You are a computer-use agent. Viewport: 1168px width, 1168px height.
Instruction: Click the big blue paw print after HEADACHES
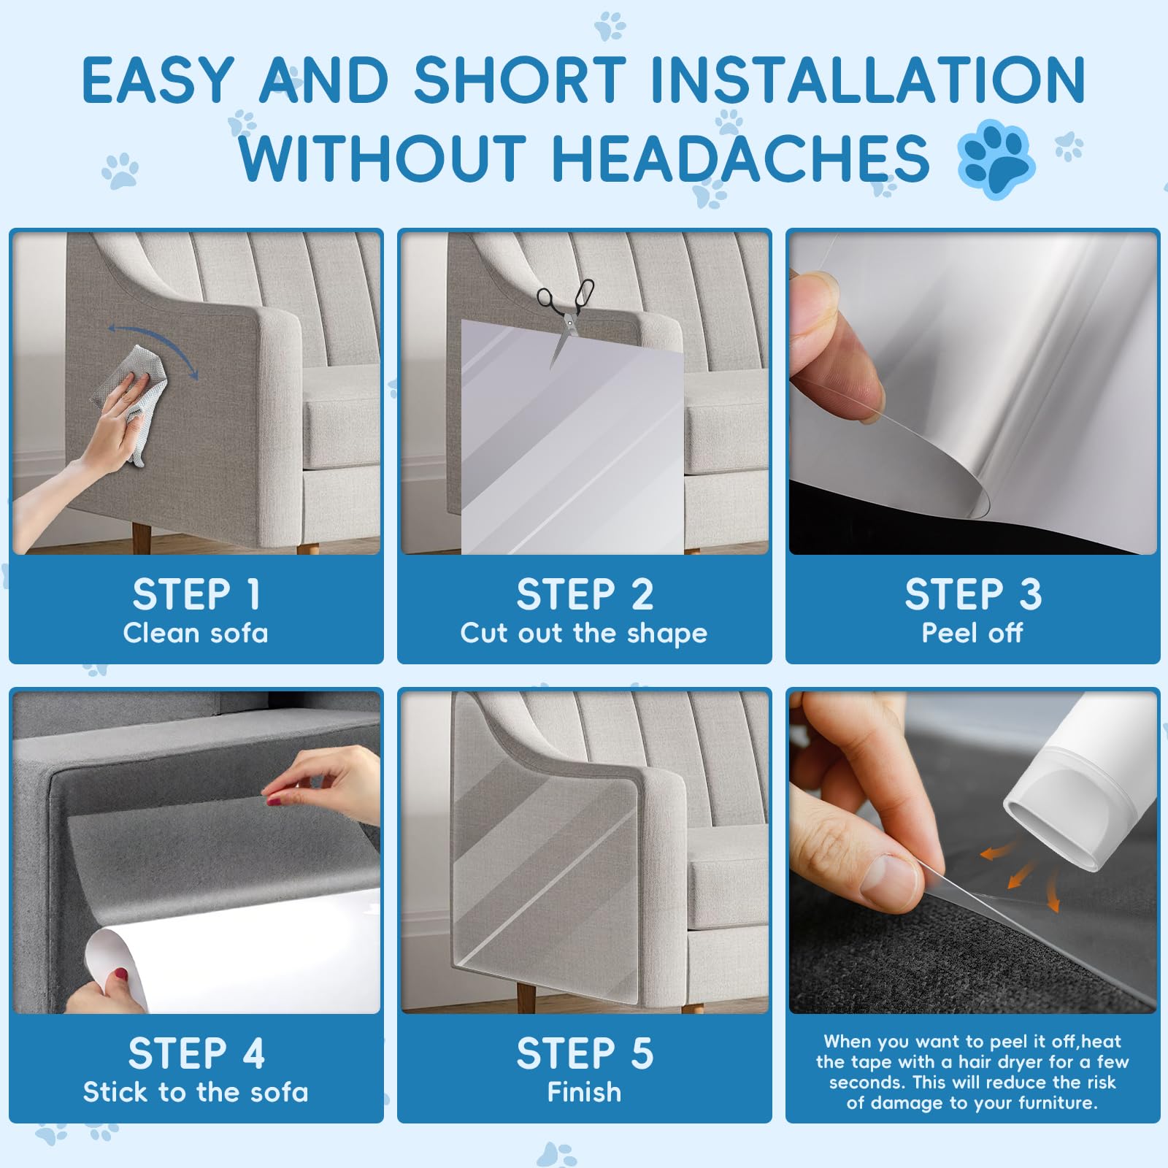pyautogui.click(x=995, y=159)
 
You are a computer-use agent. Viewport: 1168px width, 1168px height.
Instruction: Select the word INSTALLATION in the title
pyautogui.click(x=867, y=80)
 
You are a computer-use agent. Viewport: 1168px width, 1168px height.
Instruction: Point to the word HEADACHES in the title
pyautogui.click(x=741, y=158)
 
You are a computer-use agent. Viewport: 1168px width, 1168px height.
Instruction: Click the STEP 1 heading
pyautogui.click(x=196, y=594)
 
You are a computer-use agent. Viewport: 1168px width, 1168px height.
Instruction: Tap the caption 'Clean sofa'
pyautogui.click(x=196, y=633)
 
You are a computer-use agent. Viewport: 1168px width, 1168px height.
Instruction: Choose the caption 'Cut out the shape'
pyautogui.click(x=584, y=634)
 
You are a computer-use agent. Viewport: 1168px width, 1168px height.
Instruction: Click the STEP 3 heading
pyautogui.click(x=973, y=594)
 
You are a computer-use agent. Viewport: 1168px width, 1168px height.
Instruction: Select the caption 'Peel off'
pyautogui.click(x=972, y=633)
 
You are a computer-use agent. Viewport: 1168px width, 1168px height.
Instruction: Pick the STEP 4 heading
pyautogui.click(x=196, y=1053)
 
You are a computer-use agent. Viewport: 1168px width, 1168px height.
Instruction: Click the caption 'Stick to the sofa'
pyautogui.click(x=196, y=1092)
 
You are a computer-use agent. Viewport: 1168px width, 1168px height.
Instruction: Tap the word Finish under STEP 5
pyautogui.click(x=584, y=1092)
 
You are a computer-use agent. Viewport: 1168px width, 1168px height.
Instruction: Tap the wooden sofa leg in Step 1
pyautogui.click(x=142, y=538)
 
